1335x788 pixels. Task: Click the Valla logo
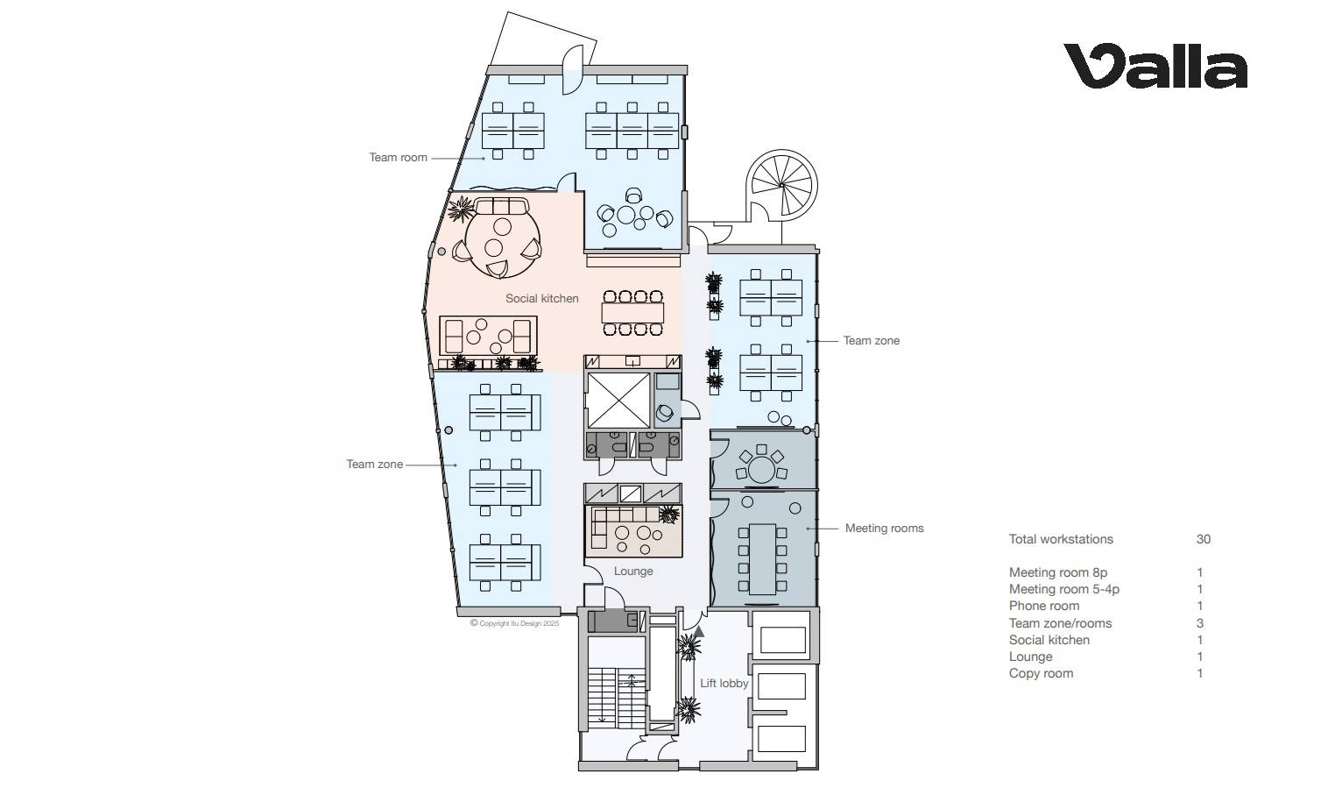1155,66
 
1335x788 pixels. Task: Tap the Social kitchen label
541,298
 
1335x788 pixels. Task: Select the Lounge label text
633,571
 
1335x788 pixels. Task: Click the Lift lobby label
724,683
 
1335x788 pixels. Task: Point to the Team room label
398,158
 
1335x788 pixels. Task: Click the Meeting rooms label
884,528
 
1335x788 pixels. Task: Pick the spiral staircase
781,185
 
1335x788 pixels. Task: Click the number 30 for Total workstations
1204,539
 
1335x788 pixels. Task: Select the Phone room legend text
1043,606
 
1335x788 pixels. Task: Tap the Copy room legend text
1041,673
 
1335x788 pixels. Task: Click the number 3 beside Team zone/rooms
1200,623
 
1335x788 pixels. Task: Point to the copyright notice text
515,623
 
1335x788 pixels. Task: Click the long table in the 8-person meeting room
762,559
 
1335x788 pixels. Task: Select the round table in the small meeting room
761,470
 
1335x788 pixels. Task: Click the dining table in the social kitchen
632,313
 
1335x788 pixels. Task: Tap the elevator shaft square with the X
618,401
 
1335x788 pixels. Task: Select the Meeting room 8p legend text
1058,572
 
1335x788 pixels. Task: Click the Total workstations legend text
1061,539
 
